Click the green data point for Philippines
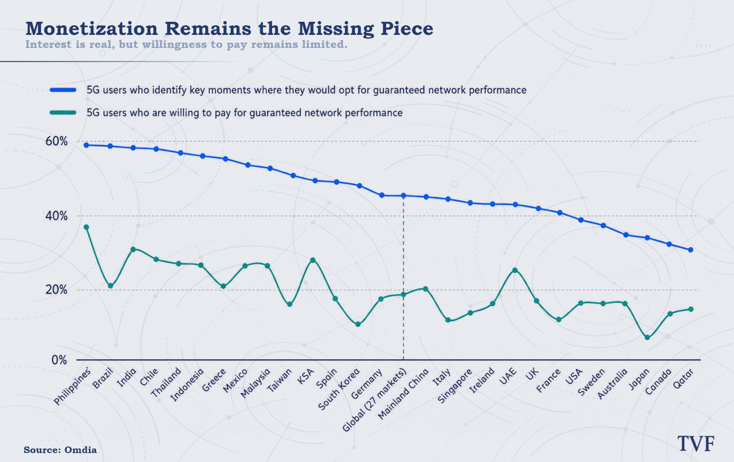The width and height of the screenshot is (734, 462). (87, 227)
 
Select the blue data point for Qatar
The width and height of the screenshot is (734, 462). (691, 250)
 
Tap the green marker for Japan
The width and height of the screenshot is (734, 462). (647, 338)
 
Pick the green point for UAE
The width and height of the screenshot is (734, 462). (515, 270)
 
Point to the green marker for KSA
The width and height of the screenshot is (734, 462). (313, 260)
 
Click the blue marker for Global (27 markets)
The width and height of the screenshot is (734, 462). (404, 196)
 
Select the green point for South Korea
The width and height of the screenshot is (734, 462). (358, 324)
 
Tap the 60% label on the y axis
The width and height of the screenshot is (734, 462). (57, 141)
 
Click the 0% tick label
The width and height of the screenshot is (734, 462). (59, 360)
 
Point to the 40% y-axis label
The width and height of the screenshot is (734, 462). (57, 216)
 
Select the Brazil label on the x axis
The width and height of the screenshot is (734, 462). (103, 378)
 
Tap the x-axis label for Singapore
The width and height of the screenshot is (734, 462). (455, 385)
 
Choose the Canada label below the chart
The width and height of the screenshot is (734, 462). (658, 382)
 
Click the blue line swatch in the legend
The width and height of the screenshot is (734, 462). (63, 90)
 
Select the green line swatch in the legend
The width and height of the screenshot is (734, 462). (63, 113)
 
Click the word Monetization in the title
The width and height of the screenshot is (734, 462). (92, 29)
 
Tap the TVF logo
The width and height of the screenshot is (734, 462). (696, 444)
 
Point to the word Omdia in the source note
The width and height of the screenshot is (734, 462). (80, 450)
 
